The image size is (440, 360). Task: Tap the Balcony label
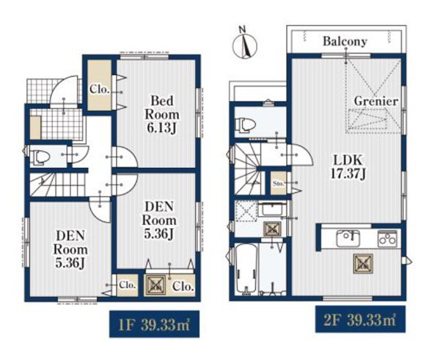pyautogui.click(x=345, y=42)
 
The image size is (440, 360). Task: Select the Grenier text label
pyautogui.click(x=376, y=101)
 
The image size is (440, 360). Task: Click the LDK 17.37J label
pyautogui.click(x=348, y=167)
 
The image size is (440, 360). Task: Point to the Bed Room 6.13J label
pyautogui.click(x=162, y=114)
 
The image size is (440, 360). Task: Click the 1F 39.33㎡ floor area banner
pyautogui.click(x=154, y=324)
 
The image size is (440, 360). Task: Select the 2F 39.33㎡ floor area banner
pyautogui.click(x=360, y=320)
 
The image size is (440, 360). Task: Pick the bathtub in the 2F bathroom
pyautogui.click(x=246, y=269)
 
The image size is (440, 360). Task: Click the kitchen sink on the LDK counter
pyautogui.click(x=348, y=238)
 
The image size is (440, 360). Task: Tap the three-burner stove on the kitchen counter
pyautogui.click(x=387, y=238)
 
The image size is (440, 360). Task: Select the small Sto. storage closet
pyautogui.click(x=279, y=183)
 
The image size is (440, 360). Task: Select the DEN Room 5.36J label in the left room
pyautogui.click(x=70, y=249)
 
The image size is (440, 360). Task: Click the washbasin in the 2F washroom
pyautogui.click(x=271, y=209)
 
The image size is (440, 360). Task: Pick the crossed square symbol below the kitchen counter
pyautogui.click(x=363, y=263)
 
